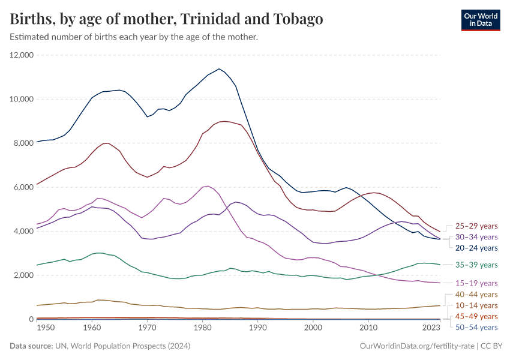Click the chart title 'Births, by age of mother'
coord(167,19)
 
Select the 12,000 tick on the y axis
coord(22,55)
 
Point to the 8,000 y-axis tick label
coord(24,143)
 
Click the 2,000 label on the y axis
coord(24,275)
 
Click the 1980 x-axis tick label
coord(202,328)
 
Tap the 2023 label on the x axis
coord(431,328)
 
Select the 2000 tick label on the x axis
coord(313,328)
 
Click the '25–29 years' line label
coord(476,226)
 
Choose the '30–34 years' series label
coord(476,237)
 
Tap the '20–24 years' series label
coord(476,248)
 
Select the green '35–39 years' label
coord(476,265)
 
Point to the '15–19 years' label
coord(476,283)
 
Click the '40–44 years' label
coord(476,295)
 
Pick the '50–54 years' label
coord(476,327)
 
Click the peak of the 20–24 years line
coord(219,68)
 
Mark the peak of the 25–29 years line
coord(224,121)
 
